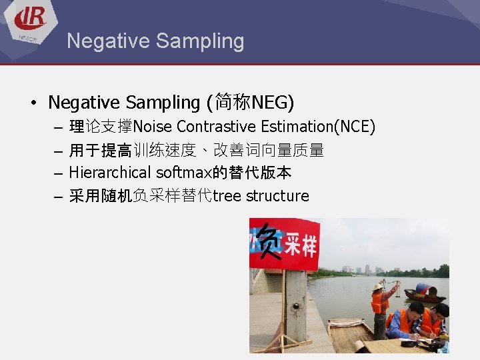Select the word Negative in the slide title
[x=107, y=41]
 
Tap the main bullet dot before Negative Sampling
[x=33, y=103]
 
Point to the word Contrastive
[x=217, y=127]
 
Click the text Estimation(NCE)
[x=318, y=127]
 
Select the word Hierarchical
[x=110, y=173]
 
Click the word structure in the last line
[x=277, y=196]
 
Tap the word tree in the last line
[x=227, y=196]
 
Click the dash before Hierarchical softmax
[x=57, y=173]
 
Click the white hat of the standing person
[x=378, y=286]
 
